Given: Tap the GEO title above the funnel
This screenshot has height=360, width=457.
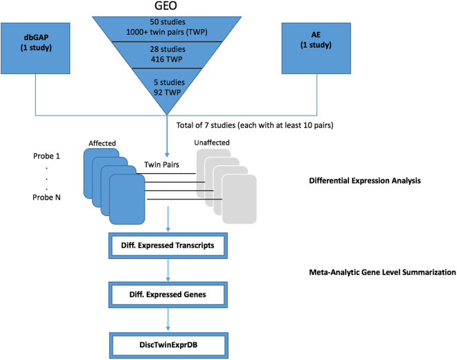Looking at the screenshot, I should (x=166, y=8).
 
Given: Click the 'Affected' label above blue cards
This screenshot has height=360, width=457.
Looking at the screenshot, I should (x=103, y=143).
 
